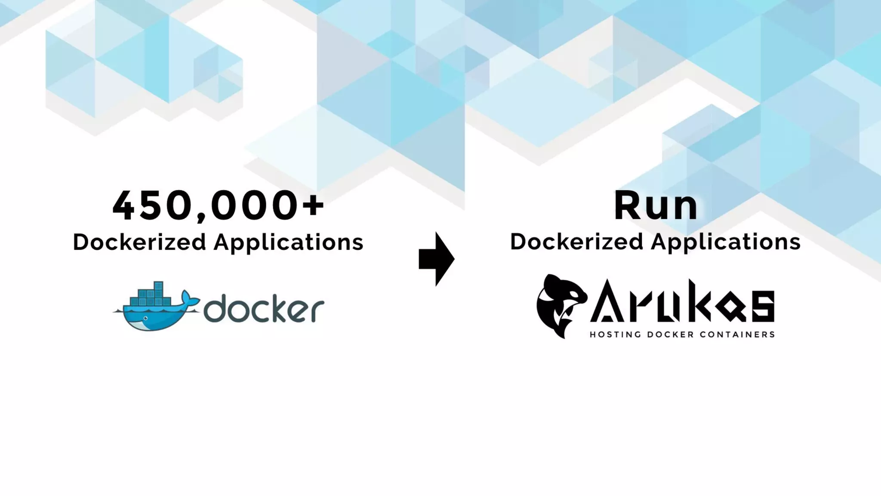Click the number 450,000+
tap(218, 206)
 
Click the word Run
tap(655, 206)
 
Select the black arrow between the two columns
tap(436, 259)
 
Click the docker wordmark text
tap(263, 308)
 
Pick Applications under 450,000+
tap(289, 243)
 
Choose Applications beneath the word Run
tap(726, 243)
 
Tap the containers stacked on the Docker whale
tap(148, 293)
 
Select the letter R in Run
tap(628, 206)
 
